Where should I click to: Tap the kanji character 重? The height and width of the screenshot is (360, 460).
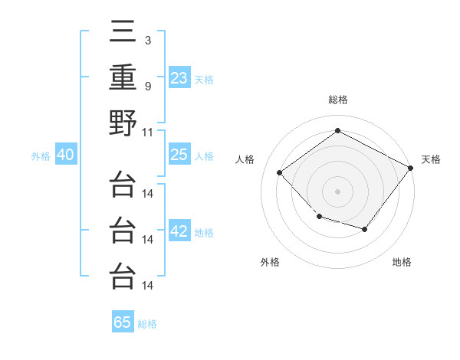(x=123, y=77)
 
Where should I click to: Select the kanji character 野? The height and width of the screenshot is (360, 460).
(x=123, y=123)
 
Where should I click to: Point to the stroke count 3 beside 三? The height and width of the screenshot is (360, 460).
(x=148, y=39)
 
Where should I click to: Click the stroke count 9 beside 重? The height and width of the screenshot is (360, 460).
(x=148, y=85)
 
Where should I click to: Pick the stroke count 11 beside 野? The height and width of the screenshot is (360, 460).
(x=148, y=131)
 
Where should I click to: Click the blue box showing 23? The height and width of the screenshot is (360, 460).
(x=179, y=77)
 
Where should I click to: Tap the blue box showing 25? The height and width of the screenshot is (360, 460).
(x=179, y=155)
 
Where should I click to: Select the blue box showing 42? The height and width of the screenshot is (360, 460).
(x=179, y=231)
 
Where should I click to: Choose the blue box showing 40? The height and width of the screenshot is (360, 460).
(x=65, y=155)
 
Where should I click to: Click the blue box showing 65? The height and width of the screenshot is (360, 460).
(x=123, y=322)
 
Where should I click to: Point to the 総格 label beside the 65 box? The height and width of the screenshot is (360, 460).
(x=147, y=324)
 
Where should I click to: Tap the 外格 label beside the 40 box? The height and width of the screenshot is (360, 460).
(x=41, y=156)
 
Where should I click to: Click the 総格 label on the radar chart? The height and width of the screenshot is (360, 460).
(x=337, y=100)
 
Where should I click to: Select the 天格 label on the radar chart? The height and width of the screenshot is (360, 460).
(x=431, y=159)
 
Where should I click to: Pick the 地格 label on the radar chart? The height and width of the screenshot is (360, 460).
(x=402, y=262)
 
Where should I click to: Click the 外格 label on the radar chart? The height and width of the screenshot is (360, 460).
(x=270, y=262)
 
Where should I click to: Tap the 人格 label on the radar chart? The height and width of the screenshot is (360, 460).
(x=245, y=159)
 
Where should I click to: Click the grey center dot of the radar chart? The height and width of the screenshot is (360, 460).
(x=337, y=191)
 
